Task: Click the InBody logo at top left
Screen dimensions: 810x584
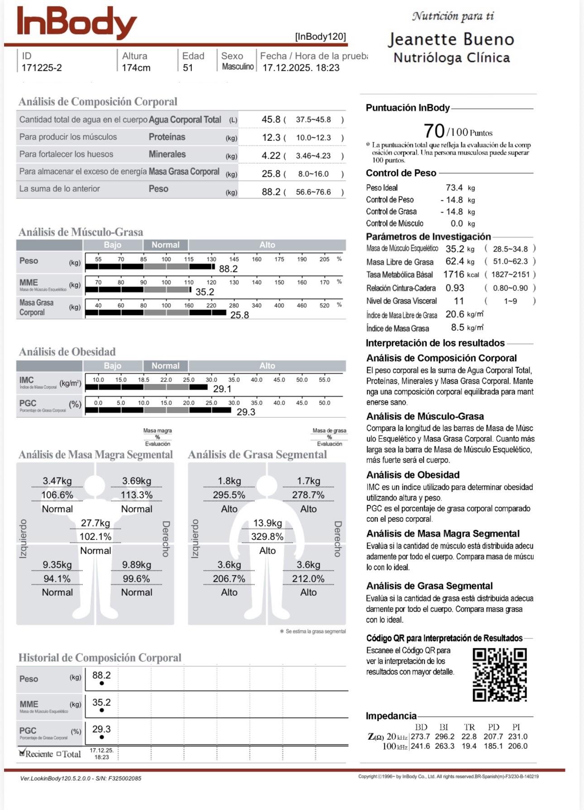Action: click(x=77, y=23)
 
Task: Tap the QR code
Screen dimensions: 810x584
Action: click(x=500, y=675)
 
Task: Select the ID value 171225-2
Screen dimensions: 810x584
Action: click(x=42, y=68)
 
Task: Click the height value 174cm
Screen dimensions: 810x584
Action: click(x=136, y=68)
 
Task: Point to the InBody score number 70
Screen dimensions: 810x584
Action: click(x=434, y=131)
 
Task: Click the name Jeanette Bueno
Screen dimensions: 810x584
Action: click(x=451, y=40)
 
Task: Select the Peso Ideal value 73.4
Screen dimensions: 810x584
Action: click(x=454, y=188)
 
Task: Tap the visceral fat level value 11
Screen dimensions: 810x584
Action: click(x=459, y=301)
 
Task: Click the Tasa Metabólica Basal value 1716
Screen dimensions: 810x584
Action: click(x=454, y=275)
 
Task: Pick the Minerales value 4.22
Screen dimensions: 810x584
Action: click(x=271, y=155)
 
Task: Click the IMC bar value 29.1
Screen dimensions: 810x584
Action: click(x=222, y=389)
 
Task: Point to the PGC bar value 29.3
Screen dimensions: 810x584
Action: click(x=246, y=412)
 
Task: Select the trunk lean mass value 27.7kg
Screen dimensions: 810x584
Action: click(x=96, y=523)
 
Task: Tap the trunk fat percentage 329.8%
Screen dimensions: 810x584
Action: click(x=268, y=537)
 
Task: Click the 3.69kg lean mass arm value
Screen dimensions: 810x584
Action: click(x=136, y=481)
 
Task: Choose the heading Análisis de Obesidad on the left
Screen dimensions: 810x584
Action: click(x=67, y=352)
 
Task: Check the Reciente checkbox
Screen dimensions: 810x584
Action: click(x=22, y=753)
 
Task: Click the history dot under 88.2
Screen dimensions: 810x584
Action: click(x=102, y=683)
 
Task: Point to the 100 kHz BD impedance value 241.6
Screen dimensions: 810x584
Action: click(x=420, y=746)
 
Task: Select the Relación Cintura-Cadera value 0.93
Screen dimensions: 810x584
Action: click(x=455, y=288)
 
